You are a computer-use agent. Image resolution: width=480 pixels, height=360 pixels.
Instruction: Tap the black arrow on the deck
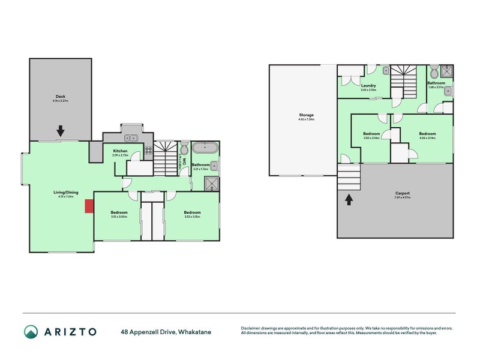tap(61, 130)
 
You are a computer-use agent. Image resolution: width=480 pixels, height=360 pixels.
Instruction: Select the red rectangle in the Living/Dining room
tap(89, 206)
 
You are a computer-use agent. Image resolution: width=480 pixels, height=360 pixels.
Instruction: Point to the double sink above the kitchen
tap(131, 138)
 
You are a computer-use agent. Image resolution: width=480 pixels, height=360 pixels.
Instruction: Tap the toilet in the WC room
tap(184, 149)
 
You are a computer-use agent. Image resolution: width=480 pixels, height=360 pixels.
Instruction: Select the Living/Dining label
tap(61, 193)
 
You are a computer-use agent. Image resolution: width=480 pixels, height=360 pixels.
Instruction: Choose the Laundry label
tap(368, 86)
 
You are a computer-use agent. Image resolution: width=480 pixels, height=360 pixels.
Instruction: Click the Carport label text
tap(402, 194)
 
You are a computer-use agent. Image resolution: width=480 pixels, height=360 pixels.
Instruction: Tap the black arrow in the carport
tap(348, 199)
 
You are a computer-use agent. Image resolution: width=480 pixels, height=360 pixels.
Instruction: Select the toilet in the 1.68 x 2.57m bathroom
tap(434, 70)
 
